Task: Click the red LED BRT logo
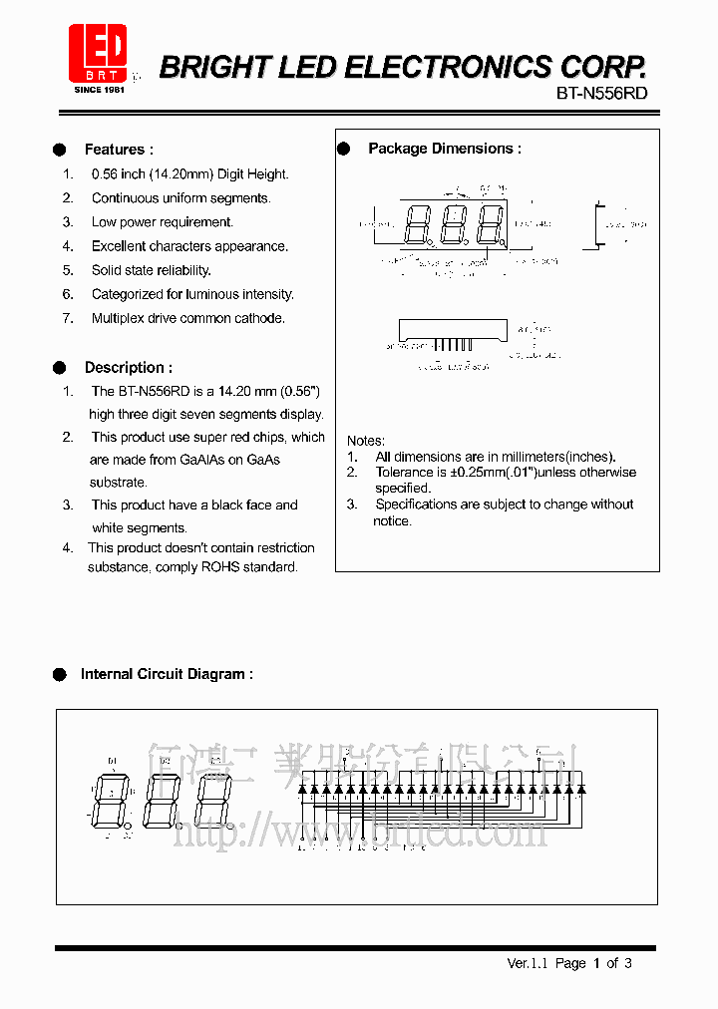[x=98, y=53]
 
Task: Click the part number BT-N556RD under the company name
[x=601, y=93]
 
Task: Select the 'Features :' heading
[x=119, y=150]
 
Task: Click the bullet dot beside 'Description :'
[x=60, y=367]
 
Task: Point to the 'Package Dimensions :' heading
[x=445, y=149]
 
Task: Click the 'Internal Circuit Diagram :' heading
[x=167, y=674]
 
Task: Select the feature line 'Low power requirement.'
[x=163, y=222]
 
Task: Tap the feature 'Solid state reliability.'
[x=152, y=270]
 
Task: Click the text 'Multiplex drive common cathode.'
[x=188, y=318]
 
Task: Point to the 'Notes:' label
[x=366, y=441]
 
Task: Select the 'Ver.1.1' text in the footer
[x=528, y=963]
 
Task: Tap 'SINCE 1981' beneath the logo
[x=98, y=90]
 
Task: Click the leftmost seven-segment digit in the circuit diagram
[x=110, y=801]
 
